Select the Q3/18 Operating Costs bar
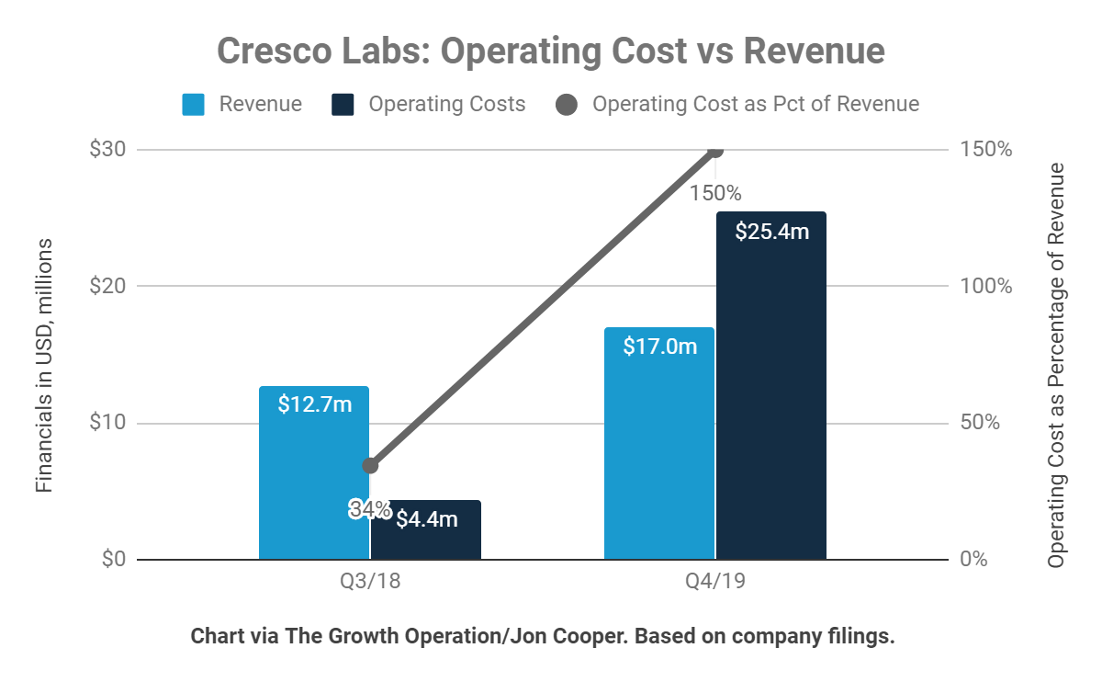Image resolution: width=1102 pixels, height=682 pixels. pyautogui.click(x=426, y=542)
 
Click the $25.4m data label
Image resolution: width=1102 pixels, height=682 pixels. pyautogui.click(x=771, y=232)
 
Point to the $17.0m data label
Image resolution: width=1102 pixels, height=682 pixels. pyautogui.click(x=659, y=347)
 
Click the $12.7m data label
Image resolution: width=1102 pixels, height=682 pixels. pyautogui.click(x=314, y=404)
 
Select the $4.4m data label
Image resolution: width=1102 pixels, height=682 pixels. pyautogui.click(x=426, y=519)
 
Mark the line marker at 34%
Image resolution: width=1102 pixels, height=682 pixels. pyautogui.click(x=370, y=465)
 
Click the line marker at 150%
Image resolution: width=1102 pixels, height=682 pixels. pyautogui.click(x=716, y=150)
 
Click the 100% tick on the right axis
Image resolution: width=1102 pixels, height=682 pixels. pyautogui.click(x=985, y=286)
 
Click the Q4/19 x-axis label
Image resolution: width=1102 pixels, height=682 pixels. pyautogui.click(x=715, y=584)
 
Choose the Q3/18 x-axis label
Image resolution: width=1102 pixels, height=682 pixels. pyautogui.click(x=370, y=584)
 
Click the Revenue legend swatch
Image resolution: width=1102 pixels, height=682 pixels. pyautogui.click(x=193, y=104)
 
